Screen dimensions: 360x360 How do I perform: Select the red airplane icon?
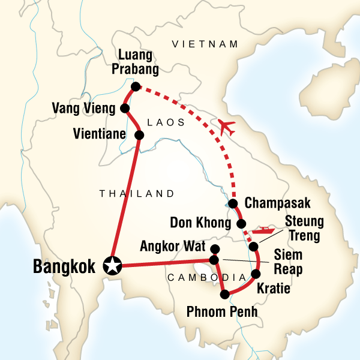pyautogui.click(x=227, y=127)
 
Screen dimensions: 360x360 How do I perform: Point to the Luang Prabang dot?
pyautogui.click(x=136, y=86)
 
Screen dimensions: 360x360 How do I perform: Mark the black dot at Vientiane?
pyautogui.click(x=139, y=135)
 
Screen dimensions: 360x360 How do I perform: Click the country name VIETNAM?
pyautogui.click(x=205, y=44)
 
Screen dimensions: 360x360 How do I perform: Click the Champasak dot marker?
pyautogui.click(x=233, y=203)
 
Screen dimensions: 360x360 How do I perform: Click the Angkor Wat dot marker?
pyautogui.click(x=215, y=248)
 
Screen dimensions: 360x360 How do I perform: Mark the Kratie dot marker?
pyautogui.click(x=255, y=274)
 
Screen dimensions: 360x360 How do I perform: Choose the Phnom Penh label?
pyautogui.click(x=223, y=312)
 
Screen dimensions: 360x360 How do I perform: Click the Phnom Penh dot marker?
pyautogui.click(x=225, y=295)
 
